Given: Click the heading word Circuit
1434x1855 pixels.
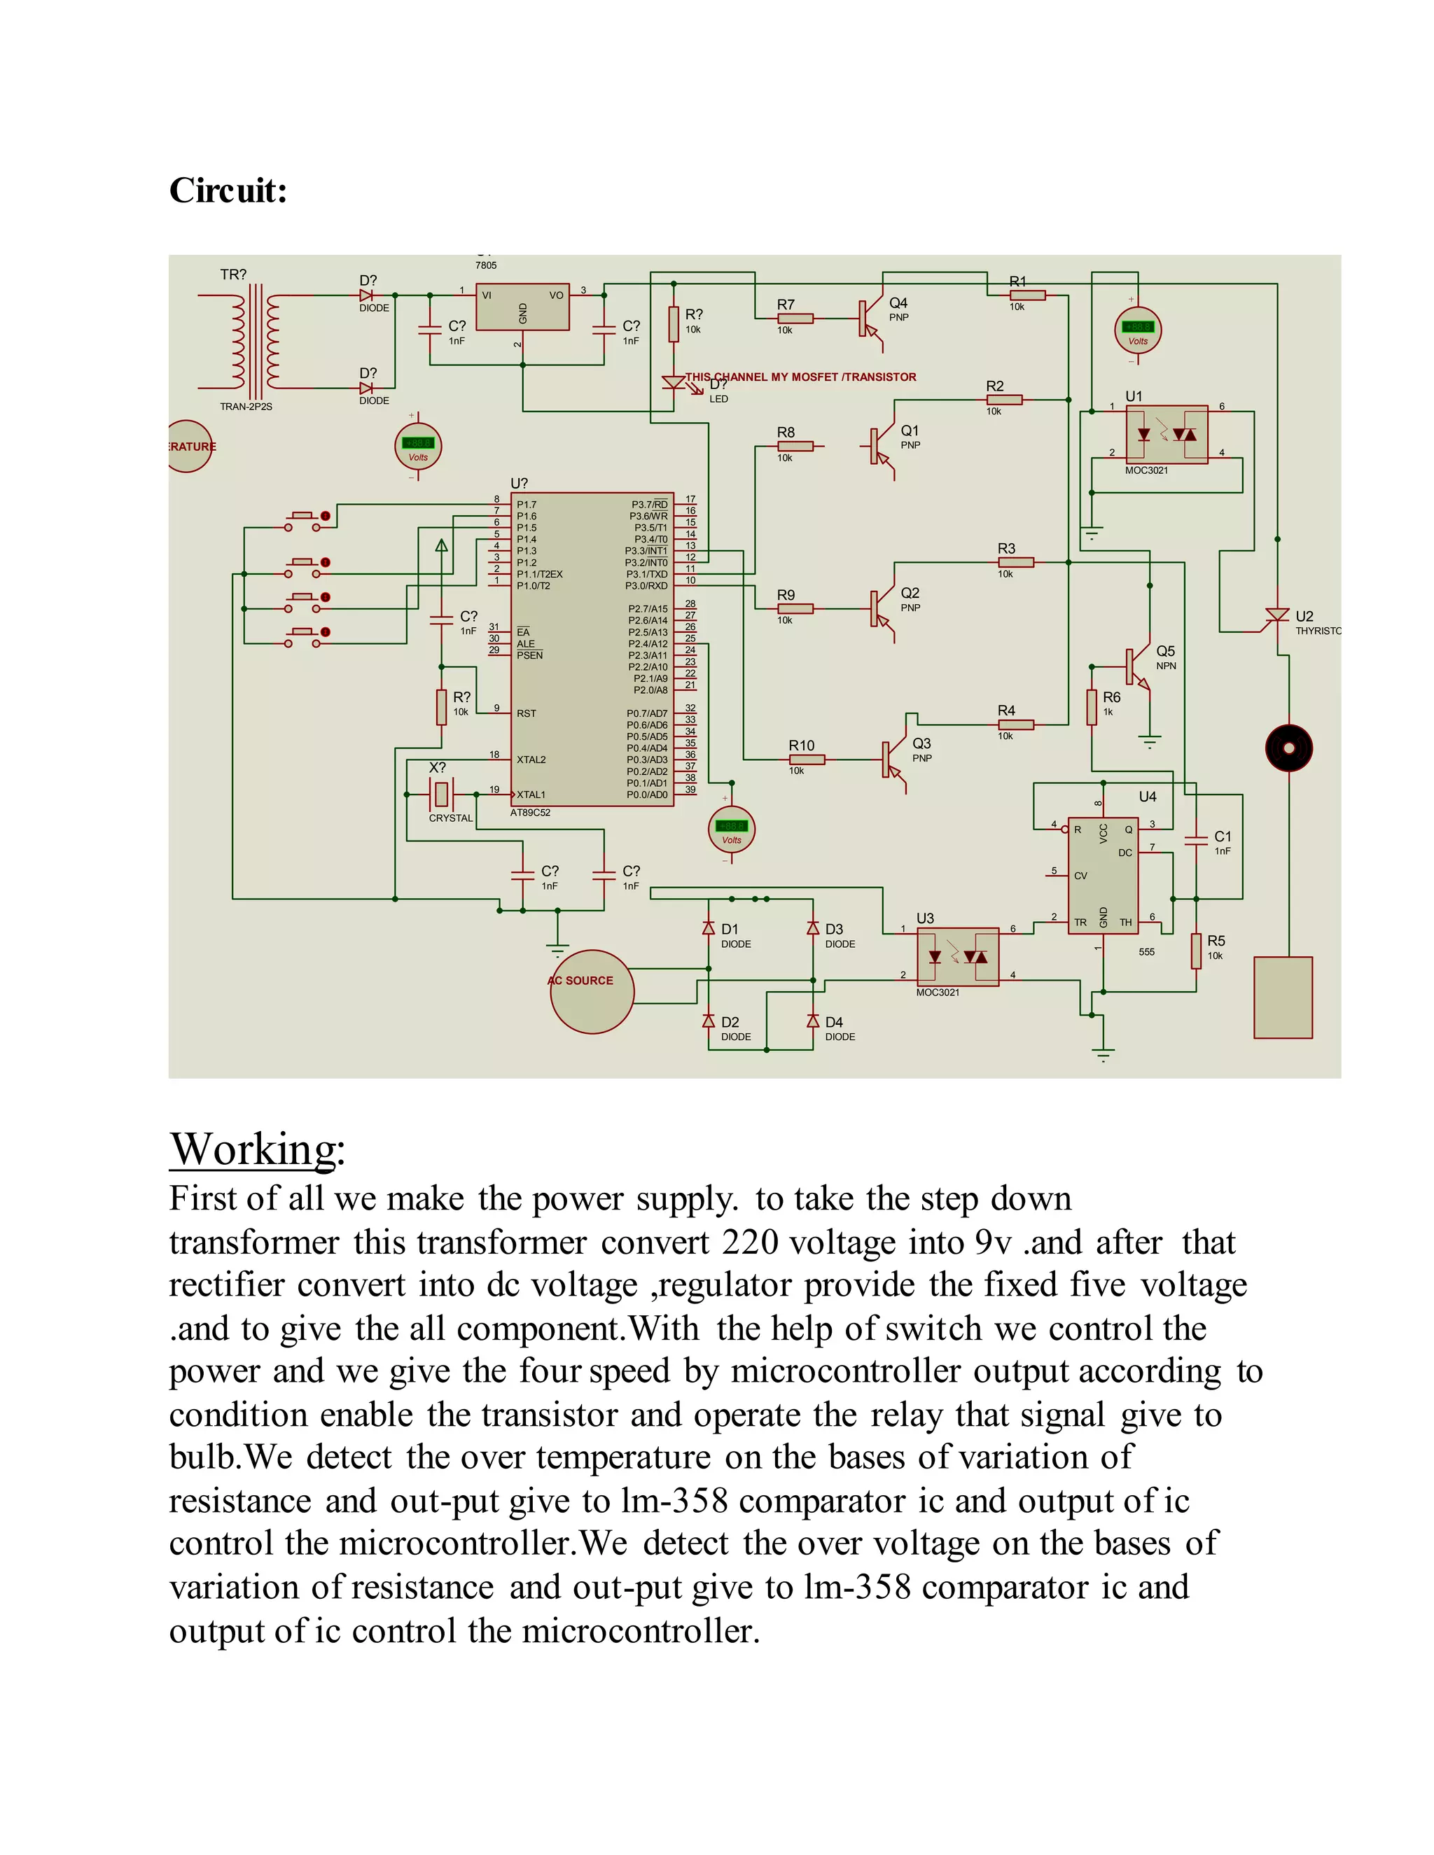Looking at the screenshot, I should [228, 190].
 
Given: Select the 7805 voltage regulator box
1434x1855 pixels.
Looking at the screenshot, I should [522, 307].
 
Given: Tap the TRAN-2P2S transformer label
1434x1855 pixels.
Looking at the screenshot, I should [246, 407].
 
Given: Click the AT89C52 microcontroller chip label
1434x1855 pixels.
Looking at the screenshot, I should [530, 813].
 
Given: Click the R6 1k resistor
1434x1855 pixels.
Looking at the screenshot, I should [1092, 707].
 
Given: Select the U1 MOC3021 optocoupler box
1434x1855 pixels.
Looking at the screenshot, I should [1166, 434].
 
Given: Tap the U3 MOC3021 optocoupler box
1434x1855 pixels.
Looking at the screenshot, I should [957, 956].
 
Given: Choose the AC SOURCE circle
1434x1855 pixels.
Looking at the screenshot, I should [591, 991].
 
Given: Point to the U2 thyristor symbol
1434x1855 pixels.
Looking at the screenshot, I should [1277, 616].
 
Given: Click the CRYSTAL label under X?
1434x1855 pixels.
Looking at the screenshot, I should [450, 818].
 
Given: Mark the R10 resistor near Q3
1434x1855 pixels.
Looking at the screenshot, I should [806, 759].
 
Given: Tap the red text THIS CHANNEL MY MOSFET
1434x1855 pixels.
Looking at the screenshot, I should [800, 377].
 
